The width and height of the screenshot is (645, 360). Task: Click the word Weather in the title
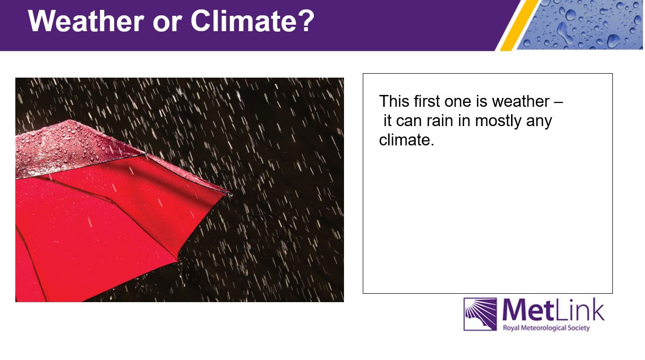tap(86, 21)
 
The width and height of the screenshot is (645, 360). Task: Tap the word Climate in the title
tap(244, 21)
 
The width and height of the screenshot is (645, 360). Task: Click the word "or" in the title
tap(167, 24)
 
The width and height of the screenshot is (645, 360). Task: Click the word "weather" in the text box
tap(521, 101)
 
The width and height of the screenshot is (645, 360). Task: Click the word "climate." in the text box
tap(407, 140)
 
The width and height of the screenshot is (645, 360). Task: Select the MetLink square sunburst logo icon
tap(480, 314)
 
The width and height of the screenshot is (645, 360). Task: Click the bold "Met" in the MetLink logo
tap(528, 310)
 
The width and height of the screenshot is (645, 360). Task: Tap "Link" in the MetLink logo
tap(579, 310)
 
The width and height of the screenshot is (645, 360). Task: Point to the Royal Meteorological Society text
tap(546, 328)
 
